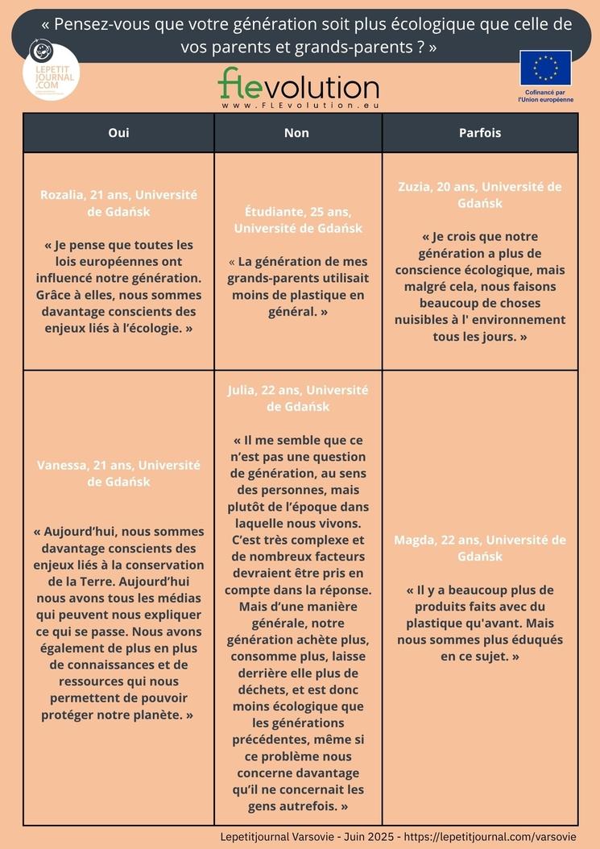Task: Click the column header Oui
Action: click(118, 133)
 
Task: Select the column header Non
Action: click(296, 133)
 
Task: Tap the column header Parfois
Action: click(480, 133)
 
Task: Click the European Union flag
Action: click(545, 68)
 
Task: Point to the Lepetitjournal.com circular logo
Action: click(52, 72)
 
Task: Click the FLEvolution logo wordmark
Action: click(298, 85)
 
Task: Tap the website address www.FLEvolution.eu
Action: click(300, 106)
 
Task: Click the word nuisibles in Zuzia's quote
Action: click(421, 320)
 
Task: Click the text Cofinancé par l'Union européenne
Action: click(545, 96)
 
